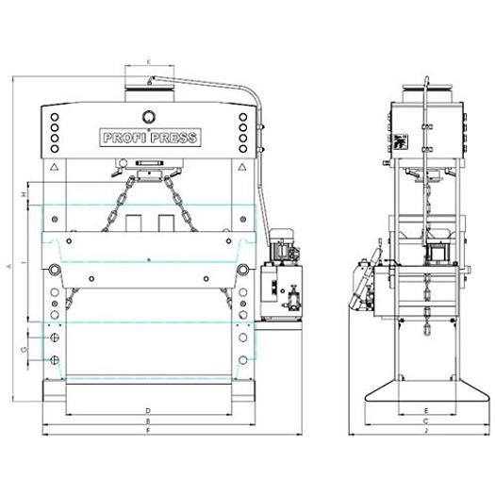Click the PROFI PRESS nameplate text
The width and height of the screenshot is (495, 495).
[149, 138]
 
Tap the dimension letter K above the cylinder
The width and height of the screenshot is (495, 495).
[149, 61]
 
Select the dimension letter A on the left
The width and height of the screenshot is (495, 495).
[8, 268]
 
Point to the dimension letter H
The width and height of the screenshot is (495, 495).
[22, 193]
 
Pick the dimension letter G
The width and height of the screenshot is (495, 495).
[22, 350]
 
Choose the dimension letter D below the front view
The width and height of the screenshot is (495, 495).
[149, 410]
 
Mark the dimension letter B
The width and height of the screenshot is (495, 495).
[149, 421]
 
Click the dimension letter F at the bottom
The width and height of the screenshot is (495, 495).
[149, 431]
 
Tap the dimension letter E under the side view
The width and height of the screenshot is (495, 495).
[426, 410]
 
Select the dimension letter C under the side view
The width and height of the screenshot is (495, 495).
[426, 421]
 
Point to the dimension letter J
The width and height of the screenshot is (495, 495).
[426, 431]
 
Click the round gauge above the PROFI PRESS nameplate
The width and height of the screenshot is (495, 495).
[148, 116]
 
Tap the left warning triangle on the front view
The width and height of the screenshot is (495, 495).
[56, 167]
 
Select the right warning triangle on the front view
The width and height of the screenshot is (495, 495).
[243, 167]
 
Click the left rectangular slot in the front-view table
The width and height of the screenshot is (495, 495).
[133, 223]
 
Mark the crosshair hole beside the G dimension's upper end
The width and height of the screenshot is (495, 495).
[56, 337]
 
